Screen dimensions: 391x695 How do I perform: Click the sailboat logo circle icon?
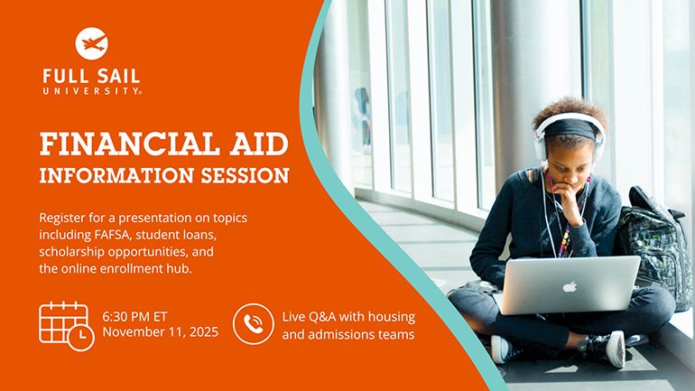(x=91, y=42)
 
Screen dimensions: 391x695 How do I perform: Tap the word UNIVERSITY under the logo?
(x=91, y=90)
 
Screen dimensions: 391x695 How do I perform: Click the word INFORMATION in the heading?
(x=113, y=174)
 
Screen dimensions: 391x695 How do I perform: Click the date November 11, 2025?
(x=161, y=333)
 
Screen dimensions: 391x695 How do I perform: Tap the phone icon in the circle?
(x=253, y=324)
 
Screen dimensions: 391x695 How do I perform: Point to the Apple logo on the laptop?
(x=570, y=287)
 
